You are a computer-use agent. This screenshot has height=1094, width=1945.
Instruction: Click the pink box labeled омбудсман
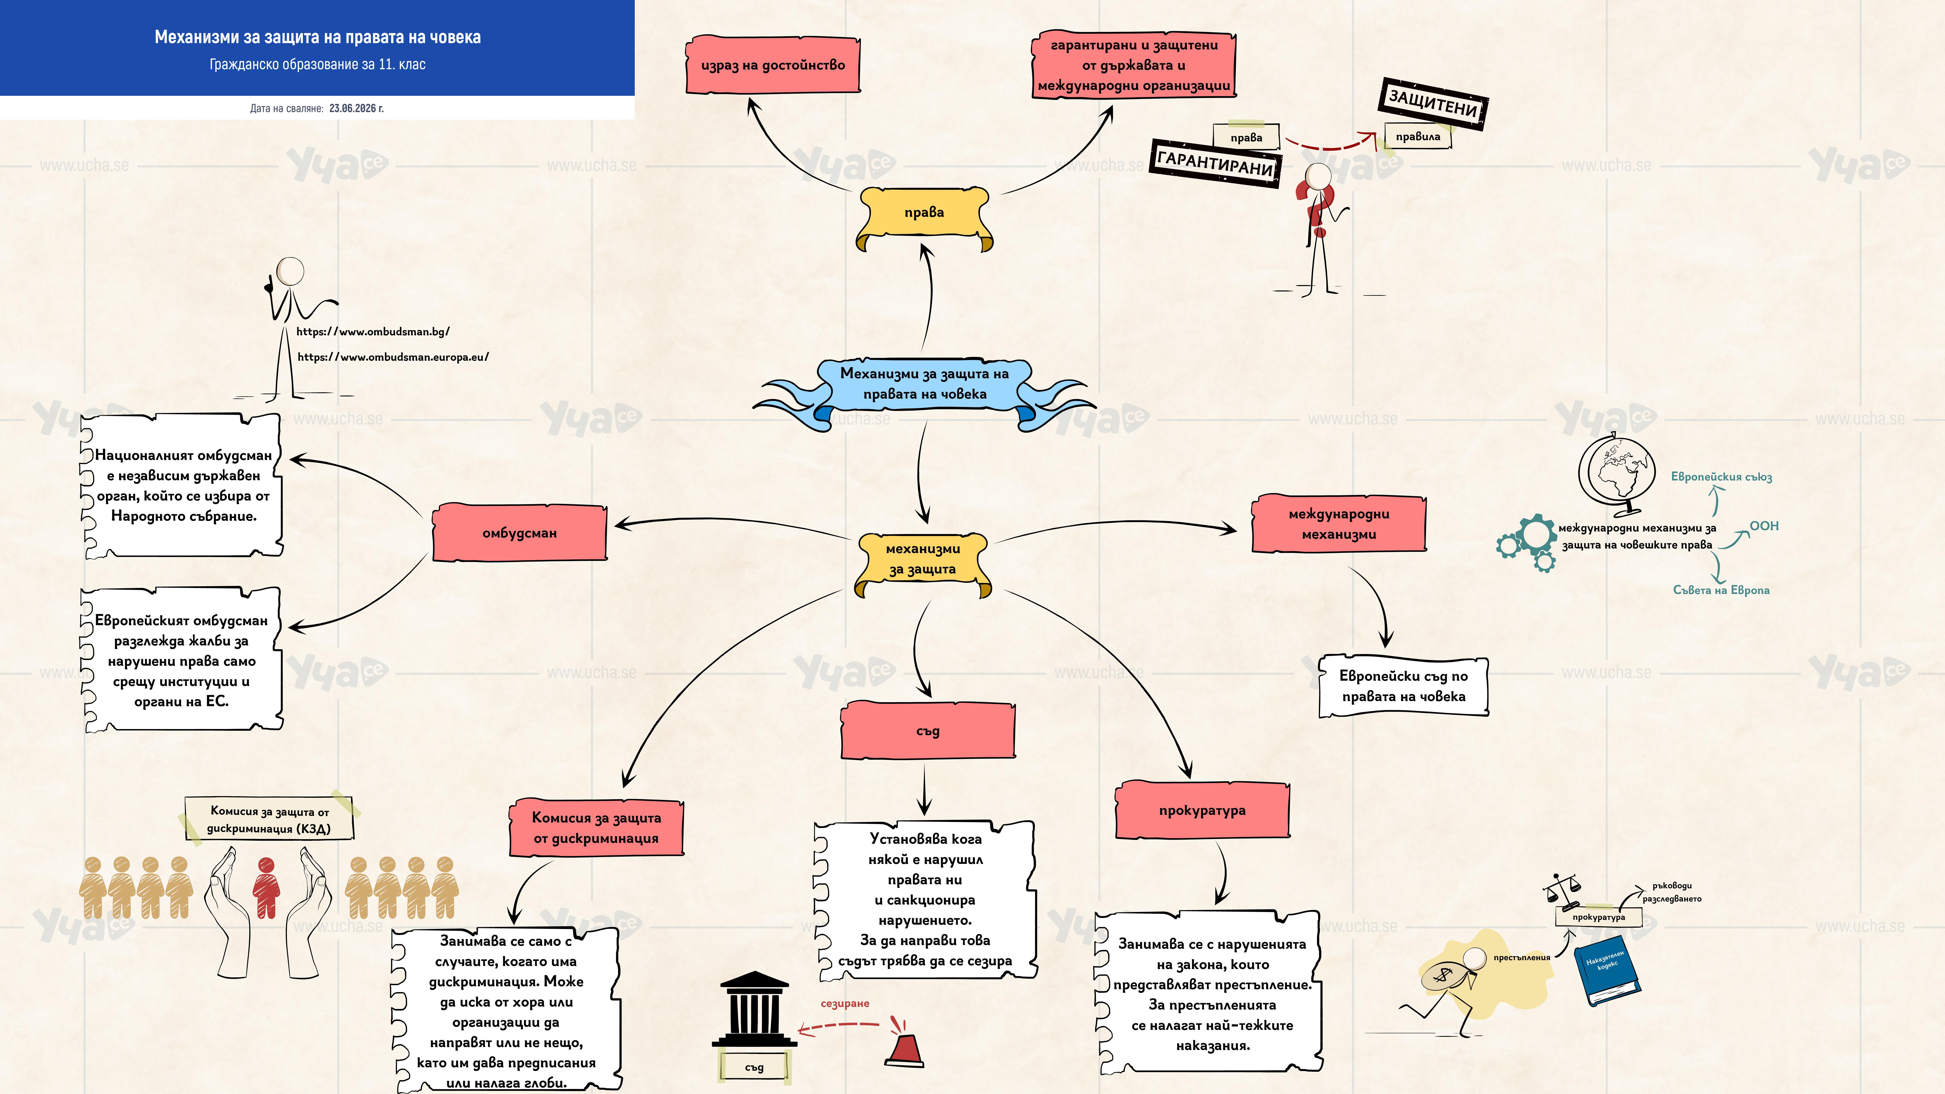[520, 532]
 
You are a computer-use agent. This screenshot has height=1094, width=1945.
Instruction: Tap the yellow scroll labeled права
[924, 217]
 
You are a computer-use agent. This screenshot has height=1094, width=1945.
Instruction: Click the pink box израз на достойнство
[773, 65]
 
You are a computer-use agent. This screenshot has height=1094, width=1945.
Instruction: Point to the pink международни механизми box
[1339, 524]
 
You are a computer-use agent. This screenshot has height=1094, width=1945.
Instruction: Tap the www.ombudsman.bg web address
[373, 331]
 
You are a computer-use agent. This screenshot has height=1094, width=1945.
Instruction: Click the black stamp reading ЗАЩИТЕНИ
[1433, 103]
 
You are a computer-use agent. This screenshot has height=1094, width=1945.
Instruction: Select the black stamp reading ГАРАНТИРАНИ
[1215, 162]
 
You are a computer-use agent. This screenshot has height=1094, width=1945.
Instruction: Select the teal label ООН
[1764, 526]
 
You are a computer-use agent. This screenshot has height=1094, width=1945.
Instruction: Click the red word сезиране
[845, 1003]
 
